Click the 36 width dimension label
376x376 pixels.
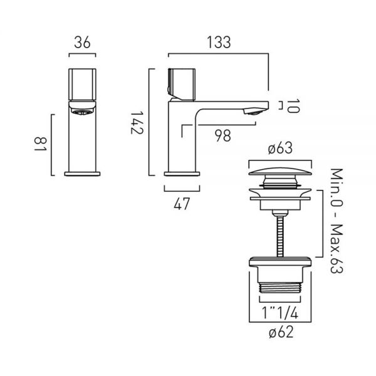click(x=82, y=43)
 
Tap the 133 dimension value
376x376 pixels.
click(x=219, y=43)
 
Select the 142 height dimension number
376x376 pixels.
click(x=137, y=122)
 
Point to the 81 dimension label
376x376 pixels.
click(x=40, y=144)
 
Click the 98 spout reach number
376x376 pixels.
click(x=222, y=135)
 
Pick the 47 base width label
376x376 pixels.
click(x=182, y=204)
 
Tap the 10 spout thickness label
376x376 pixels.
click(x=293, y=106)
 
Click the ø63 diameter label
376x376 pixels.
click(x=280, y=148)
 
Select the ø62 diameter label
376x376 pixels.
click(x=281, y=332)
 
